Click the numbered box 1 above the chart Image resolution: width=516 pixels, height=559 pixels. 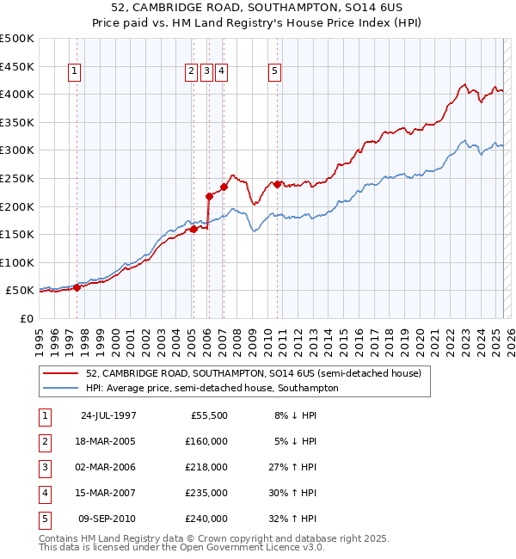click(75, 72)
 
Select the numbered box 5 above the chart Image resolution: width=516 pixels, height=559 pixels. click(274, 72)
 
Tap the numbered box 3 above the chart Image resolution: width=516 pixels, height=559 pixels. click(207, 72)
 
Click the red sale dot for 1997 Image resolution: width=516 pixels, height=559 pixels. click(77, 287)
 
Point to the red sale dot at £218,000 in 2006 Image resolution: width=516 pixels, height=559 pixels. click(209, 196)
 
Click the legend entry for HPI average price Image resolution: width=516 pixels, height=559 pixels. click(212, 388)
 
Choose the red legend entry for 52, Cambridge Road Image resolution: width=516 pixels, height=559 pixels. click(253, 373)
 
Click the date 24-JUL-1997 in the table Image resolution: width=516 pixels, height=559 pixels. click(108, 415)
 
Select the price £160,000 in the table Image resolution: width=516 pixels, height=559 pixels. click(206, 441)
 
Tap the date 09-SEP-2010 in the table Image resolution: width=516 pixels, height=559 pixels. click(108, 519)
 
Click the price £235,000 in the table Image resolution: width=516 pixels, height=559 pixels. click(206, 493)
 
